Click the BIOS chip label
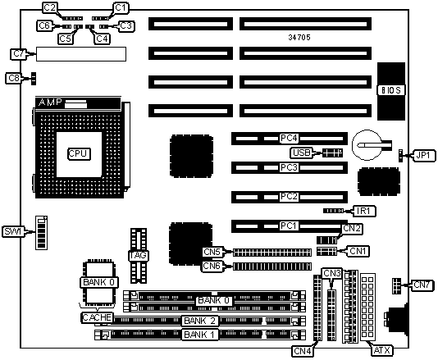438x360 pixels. (x=390, y=90)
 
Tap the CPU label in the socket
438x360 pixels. (x=79, y=153)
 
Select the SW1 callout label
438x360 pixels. (x=13, y=231)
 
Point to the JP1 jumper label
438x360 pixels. (x=423, y=155)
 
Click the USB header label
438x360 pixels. (x=302, y=153)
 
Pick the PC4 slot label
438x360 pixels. (x=289, y=138)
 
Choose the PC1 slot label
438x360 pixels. (x=289, y=226)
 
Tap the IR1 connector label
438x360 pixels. (x=364, y=211)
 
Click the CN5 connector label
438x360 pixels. (x=212, y=252)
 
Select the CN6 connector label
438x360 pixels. (x=212, y=266)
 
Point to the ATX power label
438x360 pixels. (x=382, y=350)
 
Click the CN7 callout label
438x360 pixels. (x=422, y=285)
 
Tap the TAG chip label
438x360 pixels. (x=139, y=255)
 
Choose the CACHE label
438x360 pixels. (x=98, y=317)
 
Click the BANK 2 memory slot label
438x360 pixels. (x=200, y=321)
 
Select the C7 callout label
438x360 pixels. (x=19, y=53)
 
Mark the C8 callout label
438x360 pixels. (x=14, y=78)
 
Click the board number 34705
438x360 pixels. (x=299, y=37)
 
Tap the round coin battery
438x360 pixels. (x=367, y=145)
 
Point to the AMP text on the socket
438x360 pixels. (x=50, y=103)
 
